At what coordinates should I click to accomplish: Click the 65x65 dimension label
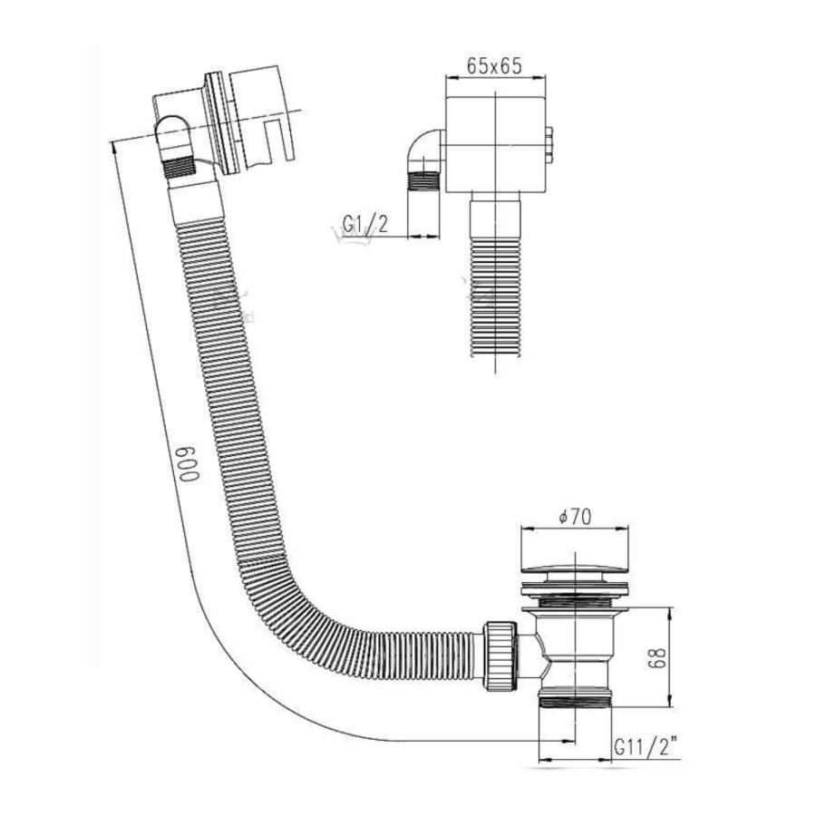[494, 66]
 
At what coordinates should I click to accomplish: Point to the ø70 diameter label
[575, 517]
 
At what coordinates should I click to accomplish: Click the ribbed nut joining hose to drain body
[500, 656]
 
